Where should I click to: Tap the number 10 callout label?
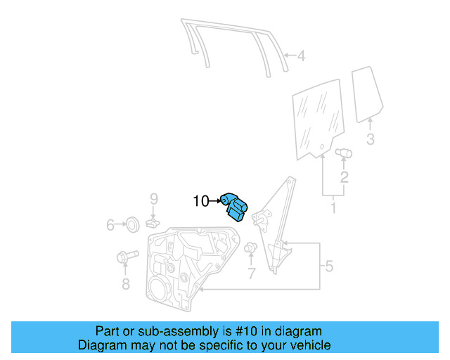[201, 202]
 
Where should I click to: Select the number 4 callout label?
[300, 56]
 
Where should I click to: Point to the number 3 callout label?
[371, 139]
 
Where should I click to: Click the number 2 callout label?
[344, 176]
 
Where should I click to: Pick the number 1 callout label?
[333, 208]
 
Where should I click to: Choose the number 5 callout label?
[328, 266]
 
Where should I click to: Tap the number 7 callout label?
[251, 274]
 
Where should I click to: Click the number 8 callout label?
[126, 284]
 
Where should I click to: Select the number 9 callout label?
[154, 200]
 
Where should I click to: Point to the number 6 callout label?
[110, 225]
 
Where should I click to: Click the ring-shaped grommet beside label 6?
[131, 225]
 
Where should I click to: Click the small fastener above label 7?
[250, 247]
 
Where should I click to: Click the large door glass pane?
[319, 120]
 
